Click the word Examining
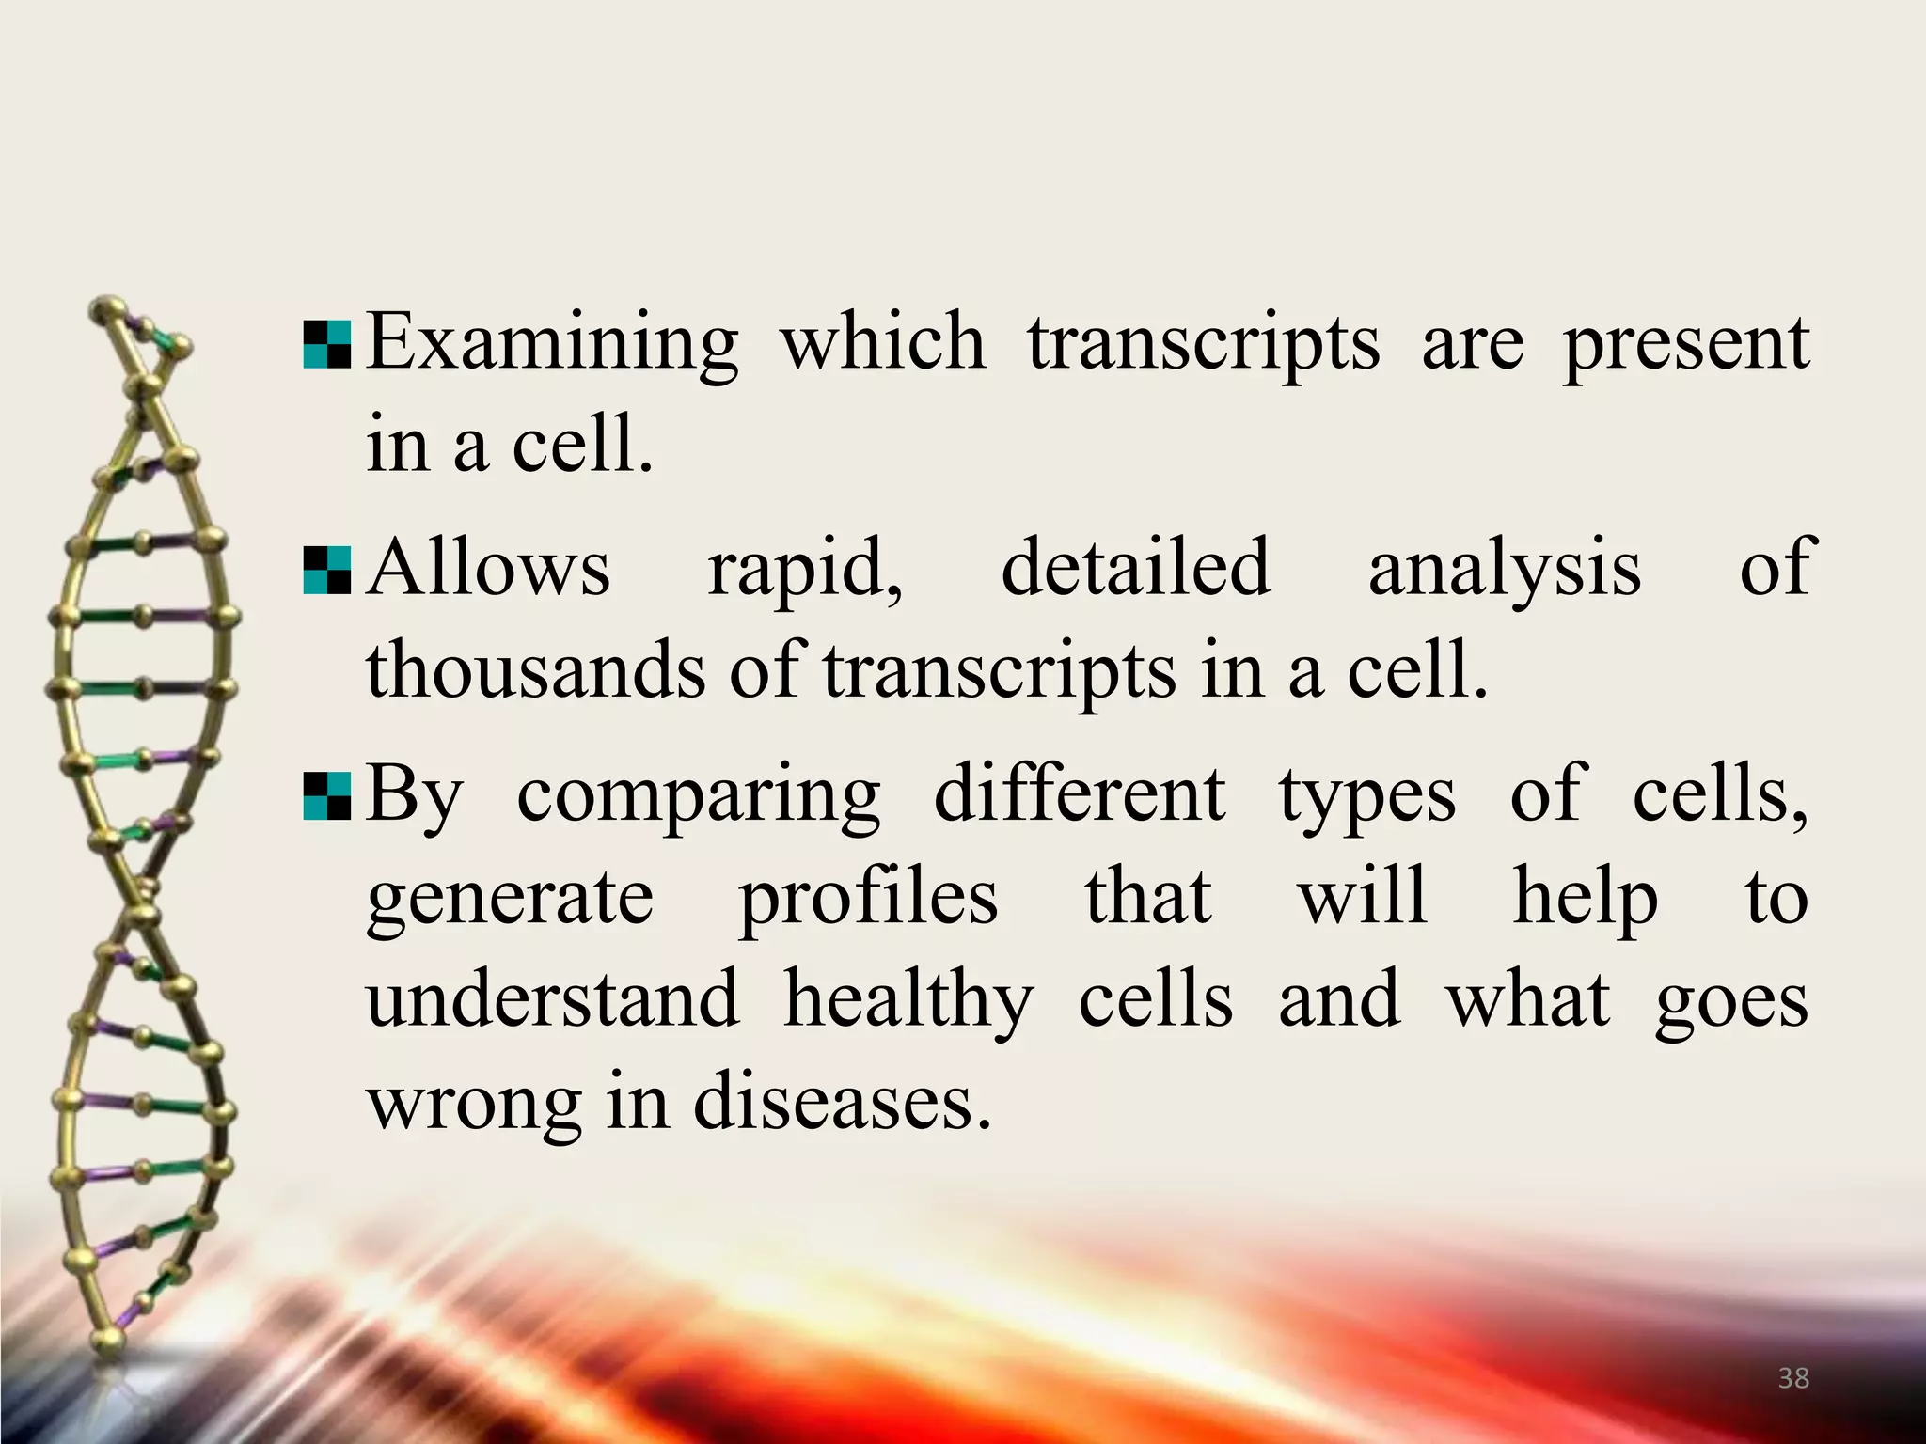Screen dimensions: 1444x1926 coord(552,344)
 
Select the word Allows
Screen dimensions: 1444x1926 coord(488,568)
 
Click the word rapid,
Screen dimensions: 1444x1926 coord(805,570)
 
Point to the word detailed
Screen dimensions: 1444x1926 coord(1135,568)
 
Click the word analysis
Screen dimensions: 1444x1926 coord(1505,570)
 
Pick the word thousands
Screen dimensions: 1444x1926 coord(535,670)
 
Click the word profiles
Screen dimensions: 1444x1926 coord(868,899)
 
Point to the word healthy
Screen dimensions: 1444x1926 coord(908,1002)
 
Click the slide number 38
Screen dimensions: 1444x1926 coord(1793,1378)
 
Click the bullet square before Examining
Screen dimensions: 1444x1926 coord(327,345)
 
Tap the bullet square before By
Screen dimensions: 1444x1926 coord(327,796)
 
